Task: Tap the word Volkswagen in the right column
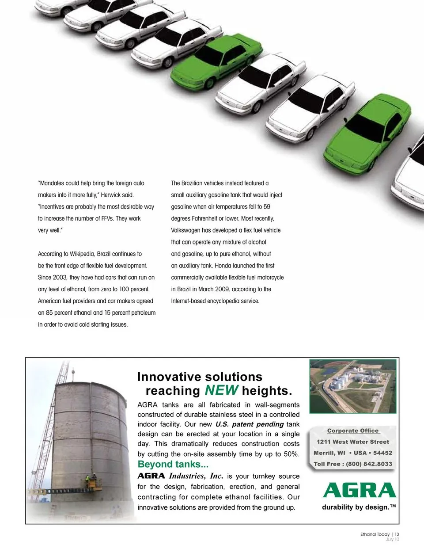[x=185, y=230]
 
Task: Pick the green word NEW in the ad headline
[x=221, y=390]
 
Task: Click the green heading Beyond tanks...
[x=173, y=465]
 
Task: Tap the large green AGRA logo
[x=359, y=490]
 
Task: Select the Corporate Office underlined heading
[x=352, y=431]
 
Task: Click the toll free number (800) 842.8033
[x=369, y=464]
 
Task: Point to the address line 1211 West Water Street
[x=352, y=442]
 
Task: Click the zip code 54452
[x=382, y=453]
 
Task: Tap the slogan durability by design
[x=358, y=507]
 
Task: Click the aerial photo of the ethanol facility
[x=352, y=386]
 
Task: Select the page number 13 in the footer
[x=397, y=534]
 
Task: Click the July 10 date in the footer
[x=392, y=539]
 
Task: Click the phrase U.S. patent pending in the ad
[x=250, y=424]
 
